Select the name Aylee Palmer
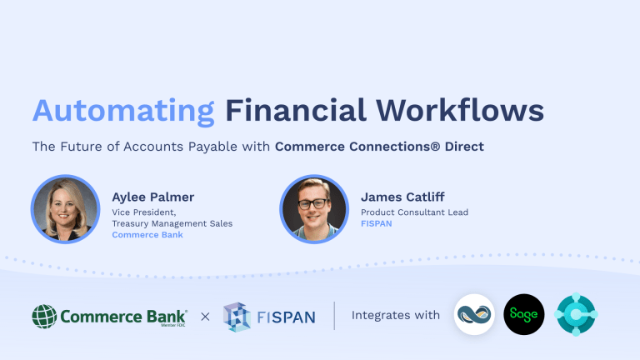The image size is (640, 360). coord(152,197)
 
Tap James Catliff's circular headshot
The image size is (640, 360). coord(314,208)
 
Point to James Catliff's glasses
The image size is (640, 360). coord(314,202)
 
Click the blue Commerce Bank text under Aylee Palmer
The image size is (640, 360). coord(147,235)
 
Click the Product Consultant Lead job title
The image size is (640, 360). coord(414,212)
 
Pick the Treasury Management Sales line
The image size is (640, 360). coord(172,223)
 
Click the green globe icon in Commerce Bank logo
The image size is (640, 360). coord(45,317)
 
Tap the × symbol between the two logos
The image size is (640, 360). coord(205,316)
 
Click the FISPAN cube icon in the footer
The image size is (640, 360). coord(237,316)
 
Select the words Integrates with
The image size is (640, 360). coord(395,315)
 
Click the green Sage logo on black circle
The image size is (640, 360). coord(524,315)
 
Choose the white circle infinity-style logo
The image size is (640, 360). coord(474,315)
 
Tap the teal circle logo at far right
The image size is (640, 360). coord(577,315)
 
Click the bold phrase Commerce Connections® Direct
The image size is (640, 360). coord(379,146)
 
